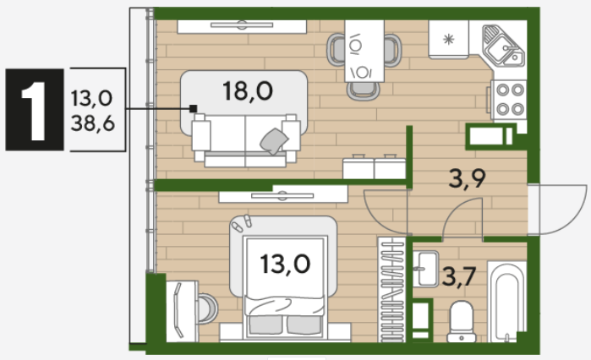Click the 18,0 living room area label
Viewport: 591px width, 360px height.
click(x=248, y=91)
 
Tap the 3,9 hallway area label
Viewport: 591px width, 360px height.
click(x=468, y=178)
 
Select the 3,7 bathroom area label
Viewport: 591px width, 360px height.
click(x=459, y=277)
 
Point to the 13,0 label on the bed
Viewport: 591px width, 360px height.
click(x=285, y=265)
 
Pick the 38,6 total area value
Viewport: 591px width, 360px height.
click(x=93, y=123)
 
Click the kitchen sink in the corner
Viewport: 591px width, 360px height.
click(x=503, y=46)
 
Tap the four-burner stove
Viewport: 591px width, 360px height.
click(x=509, y=100)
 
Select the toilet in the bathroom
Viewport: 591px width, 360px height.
click(x=462, y=321)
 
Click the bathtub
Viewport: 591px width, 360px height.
click(x=507, y=302)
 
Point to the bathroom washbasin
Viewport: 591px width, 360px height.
click(x=426, y=269)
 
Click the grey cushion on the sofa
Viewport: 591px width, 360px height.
click(x=274, y=141)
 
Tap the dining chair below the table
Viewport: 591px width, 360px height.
click(x=363, y=90)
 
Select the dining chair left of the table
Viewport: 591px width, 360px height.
click(x=336, y=49)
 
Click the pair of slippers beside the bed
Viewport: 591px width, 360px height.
click(x=242, y=224)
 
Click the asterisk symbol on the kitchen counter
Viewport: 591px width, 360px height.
click(x=448, y=39)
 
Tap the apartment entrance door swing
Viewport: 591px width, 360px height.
click(x=557, y=210)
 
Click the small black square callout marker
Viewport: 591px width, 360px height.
click(x=193, y=109)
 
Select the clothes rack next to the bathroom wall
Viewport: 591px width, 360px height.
click(x=392, y=290)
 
